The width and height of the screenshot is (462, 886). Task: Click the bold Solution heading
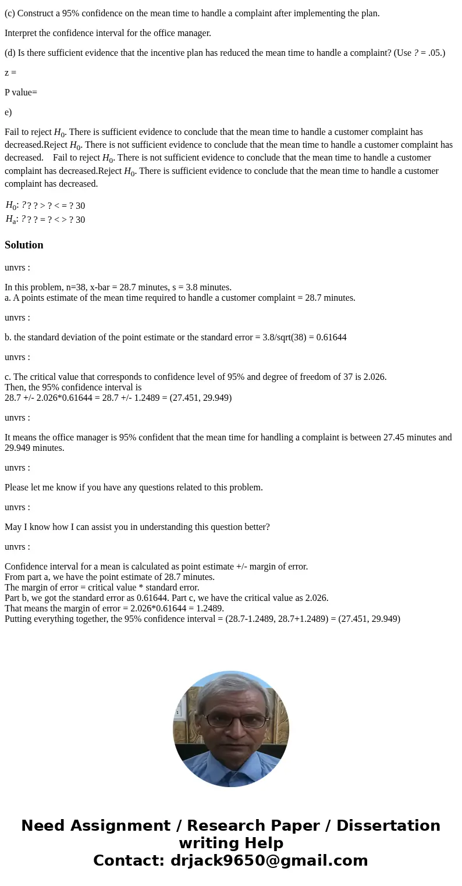point(24,245)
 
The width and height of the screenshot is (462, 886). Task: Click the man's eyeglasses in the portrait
point(232,720)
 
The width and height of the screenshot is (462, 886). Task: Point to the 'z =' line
point(10,73)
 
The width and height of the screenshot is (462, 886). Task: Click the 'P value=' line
point(21,92)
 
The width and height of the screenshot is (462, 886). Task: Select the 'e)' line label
point(8,112)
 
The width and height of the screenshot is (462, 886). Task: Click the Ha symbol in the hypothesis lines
point(10,219)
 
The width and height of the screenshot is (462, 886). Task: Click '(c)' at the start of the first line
point(10,13)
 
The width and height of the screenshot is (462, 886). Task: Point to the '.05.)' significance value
point(435,53)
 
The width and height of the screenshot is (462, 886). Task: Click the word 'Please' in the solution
point(17,487)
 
